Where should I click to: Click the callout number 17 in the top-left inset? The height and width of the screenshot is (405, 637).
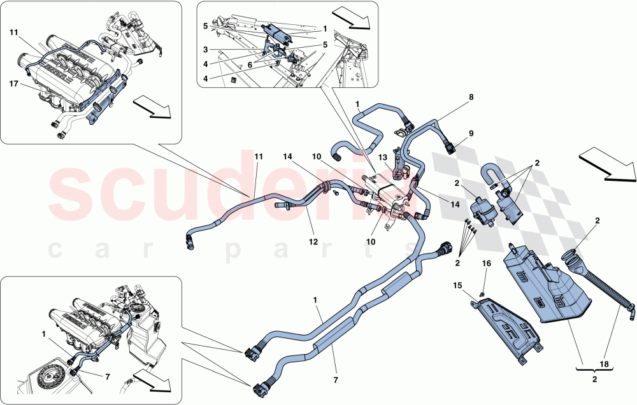pos(13,83)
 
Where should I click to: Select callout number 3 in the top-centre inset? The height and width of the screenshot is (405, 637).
pos(205,49)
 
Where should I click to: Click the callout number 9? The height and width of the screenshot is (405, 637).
pos(472,134)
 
